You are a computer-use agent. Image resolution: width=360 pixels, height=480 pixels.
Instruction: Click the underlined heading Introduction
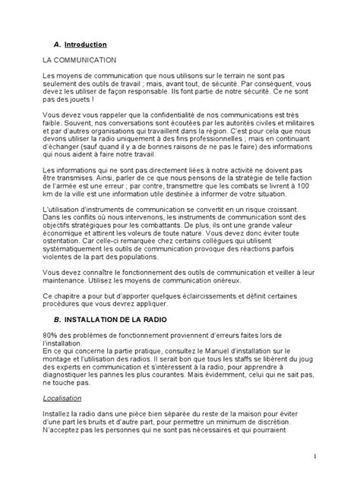coord(86,45)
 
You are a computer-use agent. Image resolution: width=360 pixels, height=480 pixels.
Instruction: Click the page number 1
coord(314,456)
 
